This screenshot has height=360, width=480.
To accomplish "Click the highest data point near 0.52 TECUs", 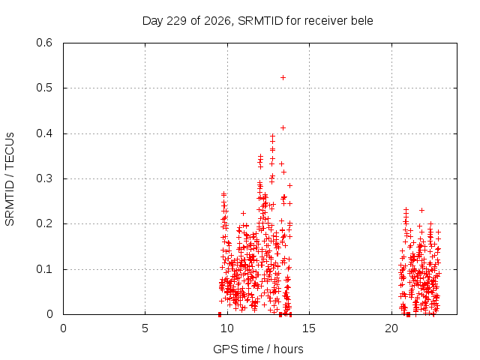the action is (x=283, y=78).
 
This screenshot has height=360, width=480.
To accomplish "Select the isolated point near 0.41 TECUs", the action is (x=283, y=128).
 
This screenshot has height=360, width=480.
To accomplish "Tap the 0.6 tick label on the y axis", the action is (x=44, y=43).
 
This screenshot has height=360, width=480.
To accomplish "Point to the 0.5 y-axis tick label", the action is (x=44, y=88).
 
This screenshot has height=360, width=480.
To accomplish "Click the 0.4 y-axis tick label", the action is (x=44, y=133).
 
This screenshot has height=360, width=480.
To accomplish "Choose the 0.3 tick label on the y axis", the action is (x=44, y=178).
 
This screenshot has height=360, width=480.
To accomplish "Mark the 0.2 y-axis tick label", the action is (x=44, y=223).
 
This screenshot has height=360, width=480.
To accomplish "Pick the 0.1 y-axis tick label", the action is (x=44, y=269).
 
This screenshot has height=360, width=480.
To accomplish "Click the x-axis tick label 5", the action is (x=145, y=328).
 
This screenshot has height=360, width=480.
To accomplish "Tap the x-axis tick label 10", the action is (x=226, y=328).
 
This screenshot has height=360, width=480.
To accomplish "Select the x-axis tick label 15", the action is (x=309, y=328).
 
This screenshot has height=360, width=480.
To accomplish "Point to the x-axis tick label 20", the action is (x=391, y=328).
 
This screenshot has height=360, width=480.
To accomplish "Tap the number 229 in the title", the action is (x=177, y=21).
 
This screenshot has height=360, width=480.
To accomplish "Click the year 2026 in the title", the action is (x=217, y=21).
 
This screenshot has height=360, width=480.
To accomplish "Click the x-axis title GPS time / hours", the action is (x=258, y=349).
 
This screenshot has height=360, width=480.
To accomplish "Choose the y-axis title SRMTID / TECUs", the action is (x=10, y=179).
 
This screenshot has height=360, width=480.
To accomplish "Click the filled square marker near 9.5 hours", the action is (x=220, y=314).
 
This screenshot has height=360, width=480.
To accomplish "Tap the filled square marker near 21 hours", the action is (x=408, y=314).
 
